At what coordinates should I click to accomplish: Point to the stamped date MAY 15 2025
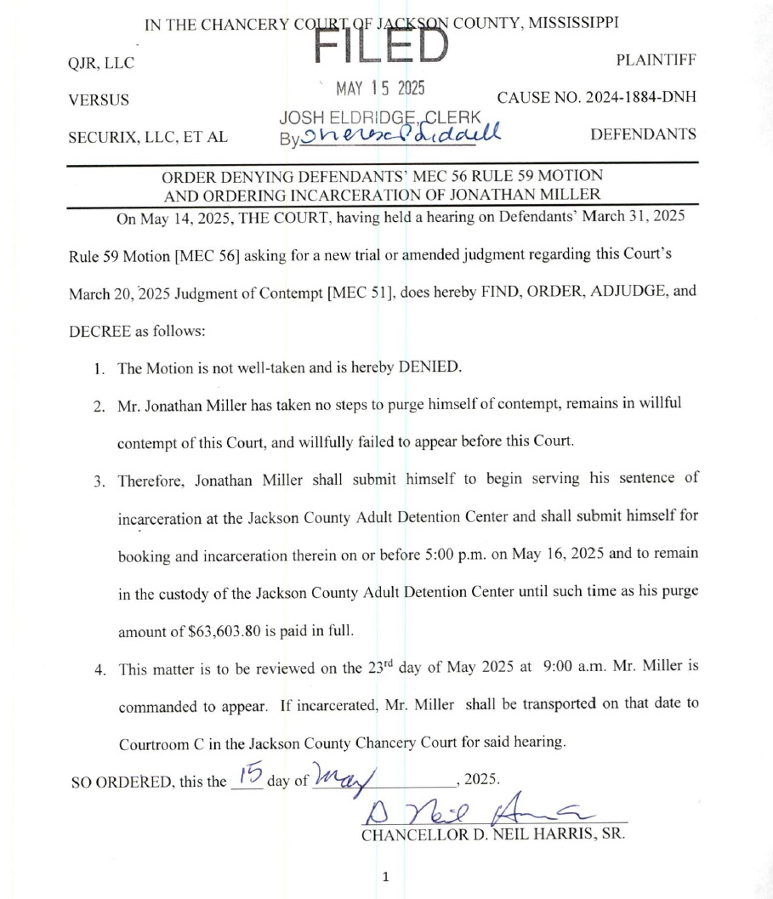[380, 88]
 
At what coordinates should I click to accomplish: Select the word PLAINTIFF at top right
[656, 60]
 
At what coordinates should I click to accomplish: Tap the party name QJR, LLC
[100, 63]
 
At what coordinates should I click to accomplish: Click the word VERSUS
[99, 100]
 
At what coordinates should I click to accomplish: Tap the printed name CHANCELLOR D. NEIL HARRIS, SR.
[493, 834]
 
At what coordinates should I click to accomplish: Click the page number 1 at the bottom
[385, 876]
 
